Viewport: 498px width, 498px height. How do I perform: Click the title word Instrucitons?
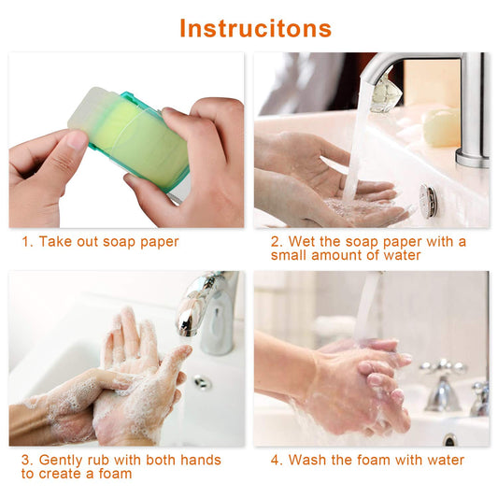(x=255, y=28)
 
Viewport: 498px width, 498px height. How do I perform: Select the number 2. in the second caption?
(x=276, y=242)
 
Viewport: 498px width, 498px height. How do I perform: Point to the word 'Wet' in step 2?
(x=303, y=242)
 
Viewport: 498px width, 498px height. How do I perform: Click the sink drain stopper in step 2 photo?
(x=427, y=201)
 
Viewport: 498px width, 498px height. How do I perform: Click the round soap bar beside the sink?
(x=441, y=126)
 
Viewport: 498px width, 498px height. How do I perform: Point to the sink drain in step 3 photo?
(x=203, y=382)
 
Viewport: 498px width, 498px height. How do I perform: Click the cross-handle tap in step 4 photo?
(x=443, y=383)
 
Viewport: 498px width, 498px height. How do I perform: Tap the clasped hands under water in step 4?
(x=360, y=383)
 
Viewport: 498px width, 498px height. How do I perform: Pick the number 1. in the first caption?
(x=27, y=242)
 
